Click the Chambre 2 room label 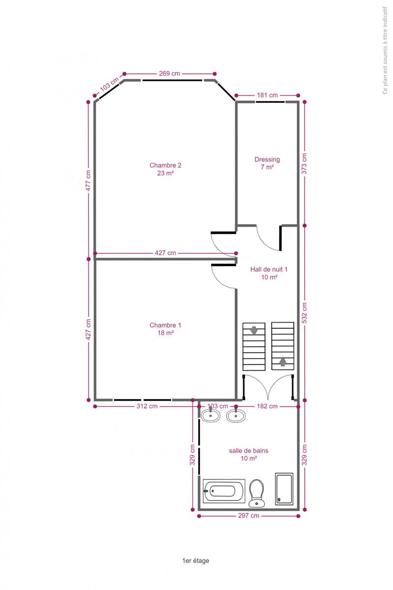(165, 169)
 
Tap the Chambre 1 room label (165, 329)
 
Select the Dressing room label (267, 163)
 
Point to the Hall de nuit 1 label (269, 273)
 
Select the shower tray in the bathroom (284, 489)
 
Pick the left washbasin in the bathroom (211, 415)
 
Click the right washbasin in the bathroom (236, 415)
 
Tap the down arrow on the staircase (254, 330)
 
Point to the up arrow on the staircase (283, 362)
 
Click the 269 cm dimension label (170, 73)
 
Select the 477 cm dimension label (89, 180)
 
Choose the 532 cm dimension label (304, 313)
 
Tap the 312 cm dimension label (147, 406)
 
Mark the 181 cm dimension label (267, 95)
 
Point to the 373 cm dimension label (304, 164)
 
